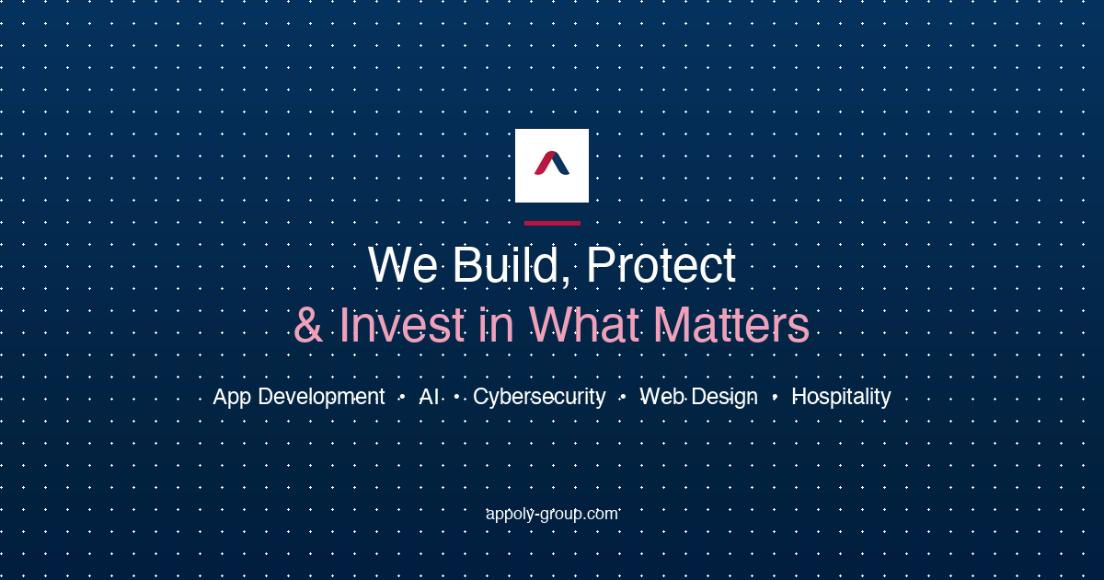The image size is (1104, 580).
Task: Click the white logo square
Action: (552, 166)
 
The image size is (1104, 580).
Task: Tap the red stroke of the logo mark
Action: (544, 163)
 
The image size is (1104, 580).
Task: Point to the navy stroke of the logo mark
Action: (561, 164)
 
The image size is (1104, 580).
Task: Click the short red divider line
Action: (552, 224)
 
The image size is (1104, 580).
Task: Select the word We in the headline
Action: (403, 265)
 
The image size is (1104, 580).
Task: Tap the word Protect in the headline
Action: (661, 265)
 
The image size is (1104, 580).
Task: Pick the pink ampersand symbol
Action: (308, 324)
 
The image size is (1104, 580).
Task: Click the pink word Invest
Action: (402, 324)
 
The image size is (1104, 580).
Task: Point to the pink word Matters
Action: (732, 324)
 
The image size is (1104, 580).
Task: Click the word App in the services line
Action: (232, 398)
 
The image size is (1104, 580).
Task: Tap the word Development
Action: (321, 398)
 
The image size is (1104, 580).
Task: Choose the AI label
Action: (429, 397)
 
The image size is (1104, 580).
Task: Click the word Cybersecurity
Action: (539, 398)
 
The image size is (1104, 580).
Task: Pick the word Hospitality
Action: (841, 398)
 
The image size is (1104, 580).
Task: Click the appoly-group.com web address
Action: (552, 515)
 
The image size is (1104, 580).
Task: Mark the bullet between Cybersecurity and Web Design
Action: (623, 397)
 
